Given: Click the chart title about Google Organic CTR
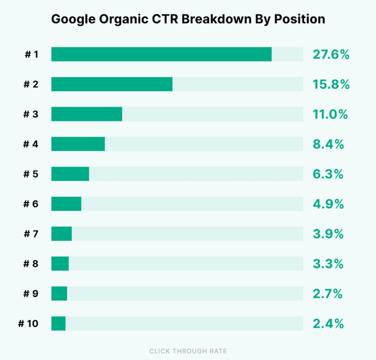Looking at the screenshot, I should click(188, 19).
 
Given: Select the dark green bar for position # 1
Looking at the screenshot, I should click(161, 55).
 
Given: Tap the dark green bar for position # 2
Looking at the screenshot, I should click(112, 84).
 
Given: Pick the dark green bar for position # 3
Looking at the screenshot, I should click(87, 114).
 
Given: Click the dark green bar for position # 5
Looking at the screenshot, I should click(70, 174).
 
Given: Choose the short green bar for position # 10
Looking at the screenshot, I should click(58, 323).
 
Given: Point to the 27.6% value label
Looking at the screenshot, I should click(331, 55).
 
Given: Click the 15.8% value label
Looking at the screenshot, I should click(331, 84).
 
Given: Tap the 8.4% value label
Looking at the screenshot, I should click(328, 144).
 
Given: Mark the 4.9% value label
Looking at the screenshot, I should click(328, 204).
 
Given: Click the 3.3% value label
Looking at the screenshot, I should click(328, 264).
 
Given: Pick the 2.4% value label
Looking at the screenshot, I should click(328, 323).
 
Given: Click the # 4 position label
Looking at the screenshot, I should click(31, 144).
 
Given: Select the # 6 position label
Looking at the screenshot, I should click(31, 204).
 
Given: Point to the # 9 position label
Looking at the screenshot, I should click(31, 294).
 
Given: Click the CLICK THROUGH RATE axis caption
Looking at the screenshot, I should click(188, 351).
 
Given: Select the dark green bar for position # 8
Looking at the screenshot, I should click(60, 264).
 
